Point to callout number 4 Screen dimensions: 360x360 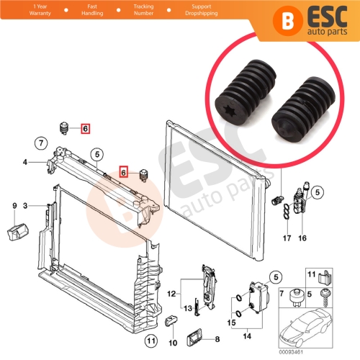click(x=25, y=162)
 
